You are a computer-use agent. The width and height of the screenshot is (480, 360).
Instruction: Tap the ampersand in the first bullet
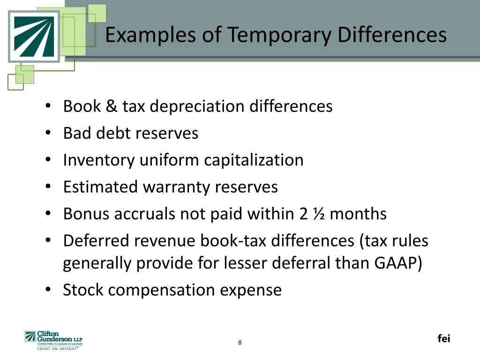(111, 106)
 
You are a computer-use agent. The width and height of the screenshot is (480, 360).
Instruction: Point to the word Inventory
(99, 160)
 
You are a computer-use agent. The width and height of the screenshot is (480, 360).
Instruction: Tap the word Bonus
(84, 214)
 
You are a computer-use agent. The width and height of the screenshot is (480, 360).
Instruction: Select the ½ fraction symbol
(318, 214)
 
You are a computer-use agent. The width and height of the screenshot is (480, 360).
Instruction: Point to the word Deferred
(97, 240)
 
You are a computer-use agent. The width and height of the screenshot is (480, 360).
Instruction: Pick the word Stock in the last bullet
(82, 290)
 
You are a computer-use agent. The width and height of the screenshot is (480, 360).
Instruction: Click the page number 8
(240, 343)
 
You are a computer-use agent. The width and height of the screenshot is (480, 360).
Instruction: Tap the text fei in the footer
(443, 338)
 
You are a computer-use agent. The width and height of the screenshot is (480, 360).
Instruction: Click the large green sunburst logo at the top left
(33, 36)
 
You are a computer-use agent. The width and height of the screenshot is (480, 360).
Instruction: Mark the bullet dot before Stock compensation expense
(49, 290)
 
